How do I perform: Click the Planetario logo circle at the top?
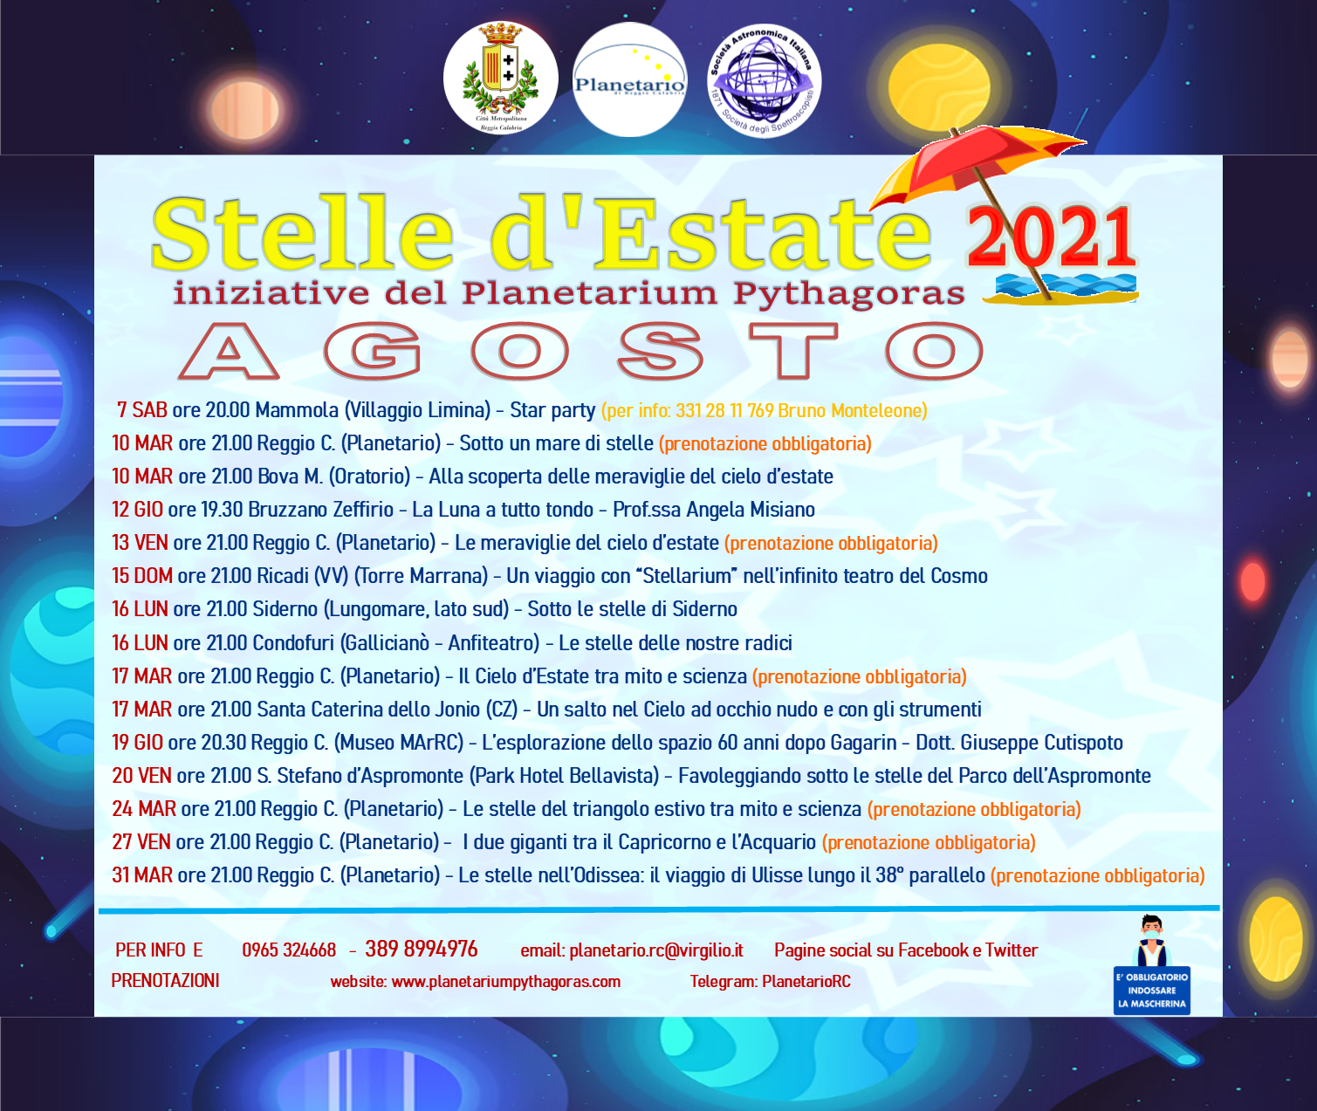pos(629,79)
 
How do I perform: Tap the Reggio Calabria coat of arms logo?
pos(500,79)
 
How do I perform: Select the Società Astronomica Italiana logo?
pos(765,79)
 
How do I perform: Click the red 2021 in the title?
pos(1051,237)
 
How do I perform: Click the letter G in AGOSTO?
pos(373,351)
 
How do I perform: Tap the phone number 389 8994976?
pos(422,949)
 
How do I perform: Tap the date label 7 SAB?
pos(142,410)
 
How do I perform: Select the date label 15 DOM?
pos(142,576)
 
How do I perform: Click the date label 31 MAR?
pos(142,875)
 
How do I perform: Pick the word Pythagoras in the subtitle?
pos(848,294)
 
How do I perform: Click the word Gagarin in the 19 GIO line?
pos(861,743)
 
